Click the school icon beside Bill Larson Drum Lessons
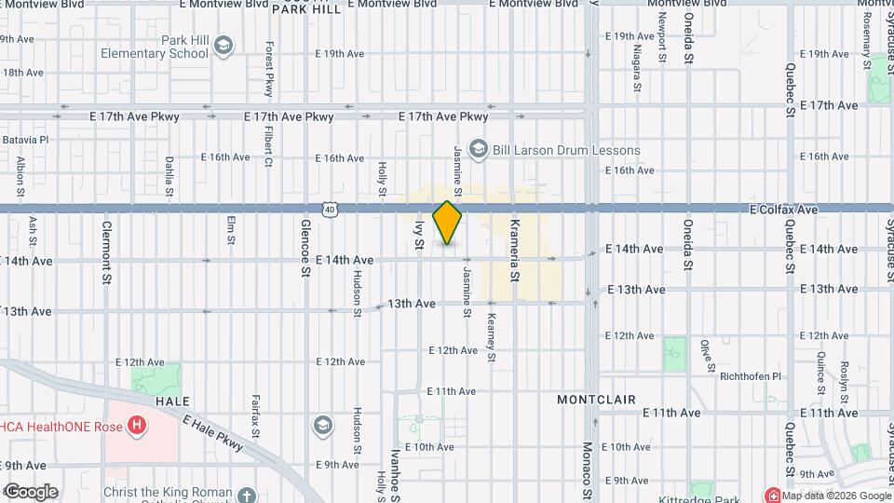[479, 149]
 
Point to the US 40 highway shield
[331, 211]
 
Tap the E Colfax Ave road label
[783, 211]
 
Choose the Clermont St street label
[107, 251]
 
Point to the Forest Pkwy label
[269, 69]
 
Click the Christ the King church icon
[246, 496]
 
